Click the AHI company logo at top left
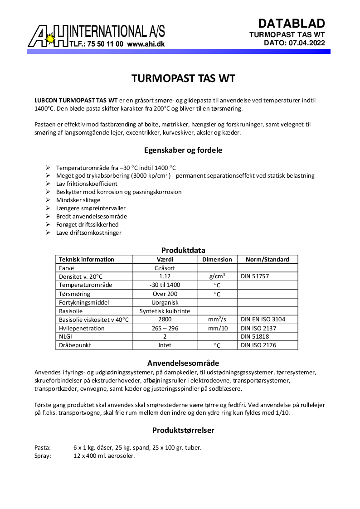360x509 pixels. coord(48,36)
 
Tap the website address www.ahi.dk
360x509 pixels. coord(146,44)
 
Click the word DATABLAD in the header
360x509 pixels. coord(292,24)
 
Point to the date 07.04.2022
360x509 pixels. coord(307,43)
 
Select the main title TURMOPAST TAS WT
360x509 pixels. coord(183,78)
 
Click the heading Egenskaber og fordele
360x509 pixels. coord(183,150)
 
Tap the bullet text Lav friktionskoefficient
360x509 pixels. coord(87,184)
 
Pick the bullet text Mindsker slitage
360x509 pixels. coord(78,200)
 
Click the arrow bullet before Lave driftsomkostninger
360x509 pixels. coord(48,233)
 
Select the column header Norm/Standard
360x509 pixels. coord(267,259)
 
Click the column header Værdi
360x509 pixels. coord(165,259)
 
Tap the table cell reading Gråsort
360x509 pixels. coord(165,268)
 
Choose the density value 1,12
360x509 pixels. coord(165,276)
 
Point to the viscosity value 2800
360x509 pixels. coord(165,320)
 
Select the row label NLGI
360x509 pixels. coord(66,337)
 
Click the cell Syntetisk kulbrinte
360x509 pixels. coord(165,311)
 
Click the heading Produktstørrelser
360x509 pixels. coord(183,430)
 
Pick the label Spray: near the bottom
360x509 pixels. coord(43,456)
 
